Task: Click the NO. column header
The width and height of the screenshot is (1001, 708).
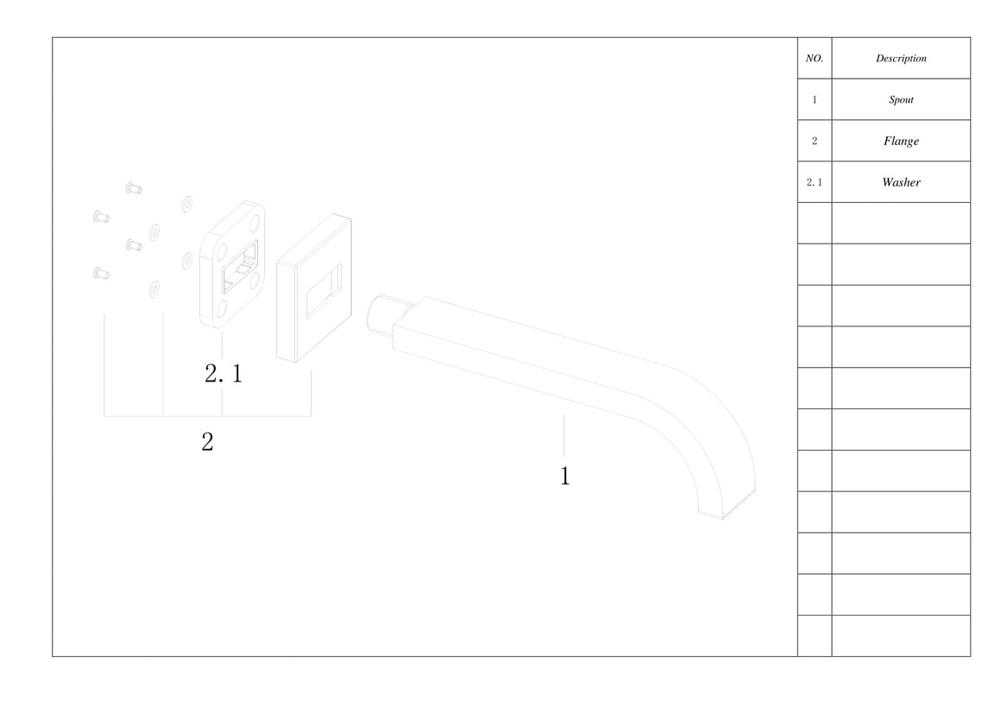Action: tap(814, 58)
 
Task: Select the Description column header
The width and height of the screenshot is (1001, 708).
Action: tap(901, 58)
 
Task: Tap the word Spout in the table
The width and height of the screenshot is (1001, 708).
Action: tap(901, 99)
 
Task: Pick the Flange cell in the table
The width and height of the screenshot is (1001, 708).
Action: tap(901, 141)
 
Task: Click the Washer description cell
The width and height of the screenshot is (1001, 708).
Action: tap(901, 182)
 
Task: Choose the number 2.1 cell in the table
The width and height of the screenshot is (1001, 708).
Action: tap(814, 182)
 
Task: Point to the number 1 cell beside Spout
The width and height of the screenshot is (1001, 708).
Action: tap(814, 99)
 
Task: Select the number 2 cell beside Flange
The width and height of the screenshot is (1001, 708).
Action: tap(814, 141)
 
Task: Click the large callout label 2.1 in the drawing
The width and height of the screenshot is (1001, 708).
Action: tap(223, 373)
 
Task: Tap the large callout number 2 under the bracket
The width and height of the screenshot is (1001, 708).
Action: tap(207, 441)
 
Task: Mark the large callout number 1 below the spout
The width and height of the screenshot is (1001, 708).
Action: tap(565, 476)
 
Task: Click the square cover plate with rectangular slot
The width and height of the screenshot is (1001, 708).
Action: tap(314, 288)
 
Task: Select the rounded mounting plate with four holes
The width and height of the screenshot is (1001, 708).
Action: tap(232, 264)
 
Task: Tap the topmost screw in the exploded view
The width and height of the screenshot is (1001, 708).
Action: tap(134, 188)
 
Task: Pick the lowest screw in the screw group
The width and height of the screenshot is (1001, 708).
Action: tap(101, 274)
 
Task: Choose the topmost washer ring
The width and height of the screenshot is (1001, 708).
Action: tap(187, 204)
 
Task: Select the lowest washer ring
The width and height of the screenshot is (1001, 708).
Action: tap(154, 289)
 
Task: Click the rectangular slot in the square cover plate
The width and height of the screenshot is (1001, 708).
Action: tap(324, 291)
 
